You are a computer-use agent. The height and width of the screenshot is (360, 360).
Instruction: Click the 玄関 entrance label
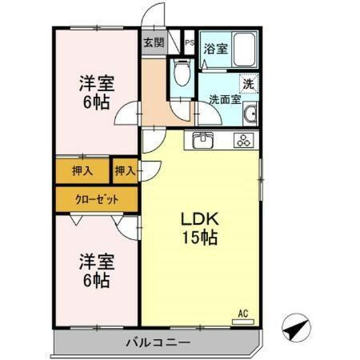click(x=154, y=43)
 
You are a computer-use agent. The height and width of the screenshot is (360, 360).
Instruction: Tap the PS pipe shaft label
click(x=190, y=43)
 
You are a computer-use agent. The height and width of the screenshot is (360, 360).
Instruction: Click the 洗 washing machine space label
click(x=248, y=82)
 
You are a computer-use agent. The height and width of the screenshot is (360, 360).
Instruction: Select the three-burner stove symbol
click(x=242, y=141)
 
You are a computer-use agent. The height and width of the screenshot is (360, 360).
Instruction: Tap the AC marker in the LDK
click(x=244, y=313)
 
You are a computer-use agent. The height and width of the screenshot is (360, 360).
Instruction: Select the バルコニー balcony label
click(x=157, y=343)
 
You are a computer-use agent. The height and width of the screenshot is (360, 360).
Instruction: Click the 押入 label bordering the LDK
click(x=124, y=170)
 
